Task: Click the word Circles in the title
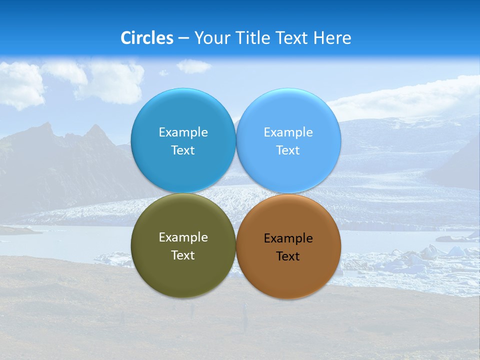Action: tap(147, 38)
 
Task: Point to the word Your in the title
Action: tap(212, 38)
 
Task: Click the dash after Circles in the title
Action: tap(183, 38)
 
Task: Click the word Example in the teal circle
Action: tap(183, 132)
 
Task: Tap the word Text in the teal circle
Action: tap(183, 150)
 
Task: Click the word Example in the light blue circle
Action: tap(288, 132)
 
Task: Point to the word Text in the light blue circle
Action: tap(288, 150)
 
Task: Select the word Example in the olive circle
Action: tap(183, 237)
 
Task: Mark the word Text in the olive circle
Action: tap(183, 255)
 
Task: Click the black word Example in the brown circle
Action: tap(288, 238)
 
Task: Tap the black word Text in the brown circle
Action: tap(288, 256)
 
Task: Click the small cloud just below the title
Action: tap(193, 66)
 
